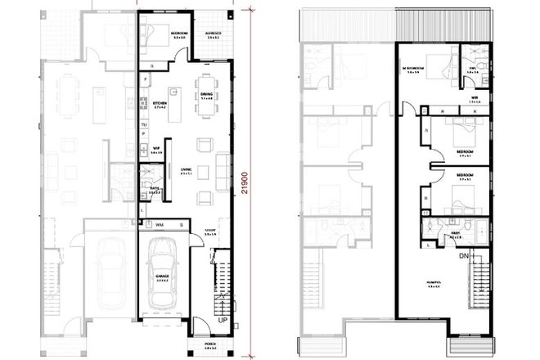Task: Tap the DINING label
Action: [x=207, y=94]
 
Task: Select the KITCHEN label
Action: [x=160, y=104]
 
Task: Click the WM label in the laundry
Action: [x=160, y=223]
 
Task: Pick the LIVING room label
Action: [x=186, y=170]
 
